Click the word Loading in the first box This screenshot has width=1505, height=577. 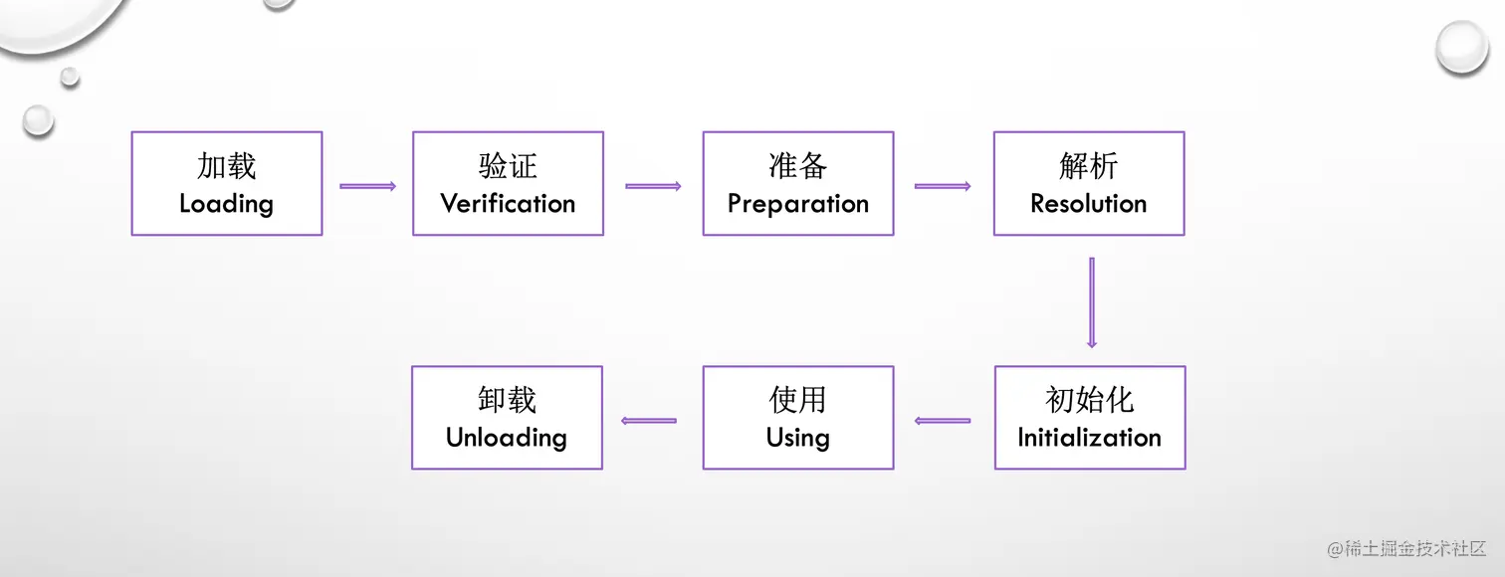(226, 204)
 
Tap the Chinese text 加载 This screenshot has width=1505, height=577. (226, 165)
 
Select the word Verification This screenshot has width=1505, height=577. (508, 204)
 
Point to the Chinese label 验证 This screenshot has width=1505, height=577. (508, 165)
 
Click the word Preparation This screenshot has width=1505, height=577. (797, 204)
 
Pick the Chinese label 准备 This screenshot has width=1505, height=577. (797, 165)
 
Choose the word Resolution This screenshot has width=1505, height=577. (1088, 204)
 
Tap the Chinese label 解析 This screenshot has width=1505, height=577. (1088, 165)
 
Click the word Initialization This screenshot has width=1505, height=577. (1089, 438)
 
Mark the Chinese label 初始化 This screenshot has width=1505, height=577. (1089, 399)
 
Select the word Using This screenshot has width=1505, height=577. (797, 438)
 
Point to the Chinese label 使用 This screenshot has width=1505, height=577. (797, 399)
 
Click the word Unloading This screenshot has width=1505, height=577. (507, 438)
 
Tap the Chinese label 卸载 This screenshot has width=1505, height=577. (507, 399)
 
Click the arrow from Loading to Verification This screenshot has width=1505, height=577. (367, 186)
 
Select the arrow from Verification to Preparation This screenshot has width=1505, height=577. (653, 186)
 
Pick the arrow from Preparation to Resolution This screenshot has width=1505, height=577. (943, 186)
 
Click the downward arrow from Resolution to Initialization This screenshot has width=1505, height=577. (1092, 302)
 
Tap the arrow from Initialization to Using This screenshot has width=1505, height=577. (943, 421)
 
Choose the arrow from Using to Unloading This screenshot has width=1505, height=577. (649, 421)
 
